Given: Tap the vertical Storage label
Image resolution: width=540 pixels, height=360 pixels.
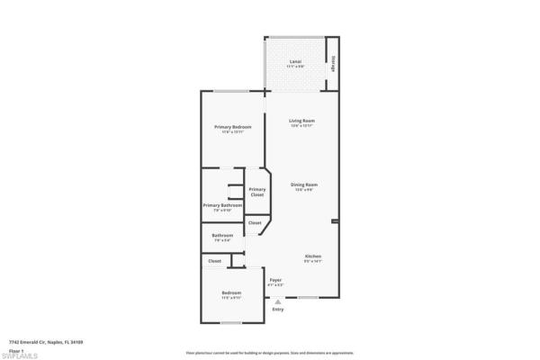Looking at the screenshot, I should (333, 63).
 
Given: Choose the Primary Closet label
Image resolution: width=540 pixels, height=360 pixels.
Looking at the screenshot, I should (257, 191).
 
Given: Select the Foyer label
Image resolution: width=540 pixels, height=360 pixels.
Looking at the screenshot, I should (276, 281).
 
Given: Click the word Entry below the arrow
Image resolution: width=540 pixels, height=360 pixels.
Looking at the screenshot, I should (278, 310).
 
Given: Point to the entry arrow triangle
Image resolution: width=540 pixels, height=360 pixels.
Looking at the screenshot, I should (278, 302).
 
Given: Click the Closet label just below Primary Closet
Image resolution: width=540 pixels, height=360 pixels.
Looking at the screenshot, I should (255, 222).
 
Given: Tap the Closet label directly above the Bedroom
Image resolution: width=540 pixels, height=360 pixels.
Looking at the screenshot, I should (214, 261).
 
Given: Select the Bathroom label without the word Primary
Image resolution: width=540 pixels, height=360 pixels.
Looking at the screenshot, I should (222, 238).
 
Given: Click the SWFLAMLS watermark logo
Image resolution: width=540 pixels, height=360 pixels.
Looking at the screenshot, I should (20, 355).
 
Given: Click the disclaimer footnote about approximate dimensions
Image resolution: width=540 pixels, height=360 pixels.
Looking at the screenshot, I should (269, 354).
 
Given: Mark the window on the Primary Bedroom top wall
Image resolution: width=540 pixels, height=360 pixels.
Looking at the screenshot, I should (231, 90).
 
